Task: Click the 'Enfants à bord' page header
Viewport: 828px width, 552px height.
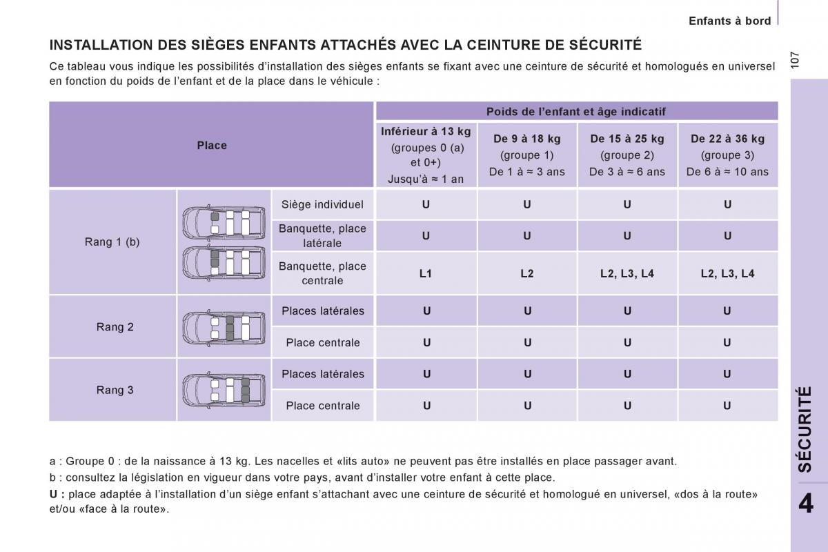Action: (729, 21)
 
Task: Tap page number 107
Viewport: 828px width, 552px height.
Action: (796, 59)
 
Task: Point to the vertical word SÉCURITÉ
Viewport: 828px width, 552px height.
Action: (805, 429)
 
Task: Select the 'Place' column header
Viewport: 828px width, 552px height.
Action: (212, 145)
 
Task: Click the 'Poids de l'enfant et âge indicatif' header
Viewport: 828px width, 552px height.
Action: (576, 112)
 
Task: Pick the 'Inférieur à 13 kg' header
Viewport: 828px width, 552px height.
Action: (426, 131)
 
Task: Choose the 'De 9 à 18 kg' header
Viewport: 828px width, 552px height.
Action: (527, 139)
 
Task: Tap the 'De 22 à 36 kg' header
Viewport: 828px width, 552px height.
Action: (727, 139)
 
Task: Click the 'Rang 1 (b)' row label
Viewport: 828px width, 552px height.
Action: (112, 241)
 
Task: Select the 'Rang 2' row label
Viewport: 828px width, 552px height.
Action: (115, 327)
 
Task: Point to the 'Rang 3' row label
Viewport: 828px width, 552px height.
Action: (115, 390)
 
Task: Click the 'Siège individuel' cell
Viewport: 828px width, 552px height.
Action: (322, 204)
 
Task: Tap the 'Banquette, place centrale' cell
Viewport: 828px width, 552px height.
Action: (322, 273)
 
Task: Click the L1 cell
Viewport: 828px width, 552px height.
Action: (426, 273)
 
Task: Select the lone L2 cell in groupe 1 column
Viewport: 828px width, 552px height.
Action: (527, 273)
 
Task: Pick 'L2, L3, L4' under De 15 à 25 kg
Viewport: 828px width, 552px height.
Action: (627, 273)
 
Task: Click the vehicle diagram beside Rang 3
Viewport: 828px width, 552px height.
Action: (224, 390)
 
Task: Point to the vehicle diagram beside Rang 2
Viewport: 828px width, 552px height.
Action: (224, 327)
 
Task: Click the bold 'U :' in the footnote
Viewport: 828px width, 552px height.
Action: (57, 494)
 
